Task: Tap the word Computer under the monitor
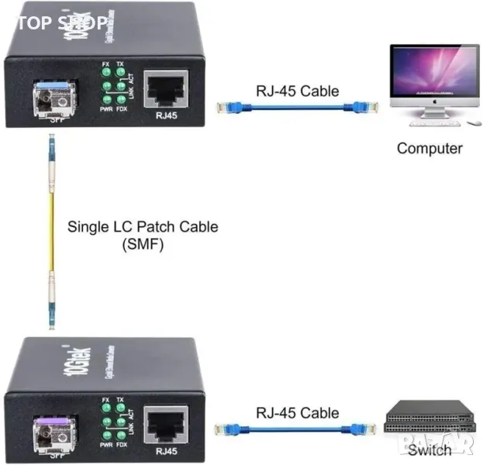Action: point(430,147)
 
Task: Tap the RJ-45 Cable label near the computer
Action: point(298,91)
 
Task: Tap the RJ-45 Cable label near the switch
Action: point(298,412)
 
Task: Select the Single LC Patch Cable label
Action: point(143,227)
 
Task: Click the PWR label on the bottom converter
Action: point(106,445)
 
